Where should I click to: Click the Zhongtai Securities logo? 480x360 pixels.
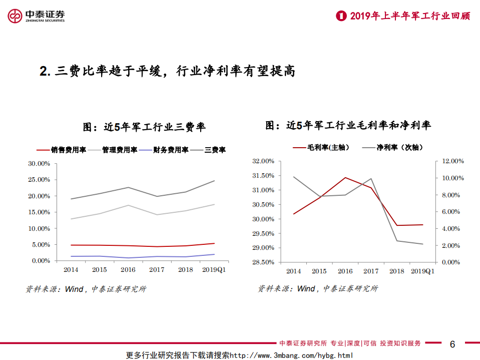point(36,17)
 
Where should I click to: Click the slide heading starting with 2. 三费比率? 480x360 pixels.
point(167,72)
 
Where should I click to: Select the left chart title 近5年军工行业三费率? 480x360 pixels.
point(144,127)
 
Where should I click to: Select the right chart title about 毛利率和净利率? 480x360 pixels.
point(348,126)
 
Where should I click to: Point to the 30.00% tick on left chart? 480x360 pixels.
point(39,164)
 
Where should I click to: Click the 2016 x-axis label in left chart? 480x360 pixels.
point(128,269)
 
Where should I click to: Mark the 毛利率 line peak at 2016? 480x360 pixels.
point(345,177)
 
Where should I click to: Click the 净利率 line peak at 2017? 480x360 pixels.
point(371,178)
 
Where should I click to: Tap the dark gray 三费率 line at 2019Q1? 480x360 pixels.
point(214,181)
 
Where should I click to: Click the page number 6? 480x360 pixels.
point(452,344)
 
